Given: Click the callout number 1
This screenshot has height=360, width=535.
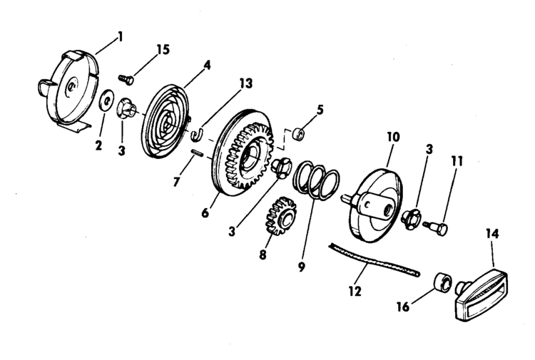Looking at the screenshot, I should pos(120,36).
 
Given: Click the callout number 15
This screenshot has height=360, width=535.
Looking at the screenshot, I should pos(163,49).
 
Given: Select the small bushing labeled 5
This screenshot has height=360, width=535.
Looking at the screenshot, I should pos(300,133).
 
